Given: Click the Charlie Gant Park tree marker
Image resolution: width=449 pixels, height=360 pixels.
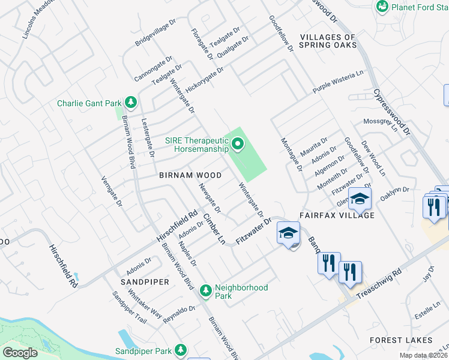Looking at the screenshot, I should click(130, 103).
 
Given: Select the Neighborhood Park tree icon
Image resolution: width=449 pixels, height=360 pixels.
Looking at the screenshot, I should click(205, 291).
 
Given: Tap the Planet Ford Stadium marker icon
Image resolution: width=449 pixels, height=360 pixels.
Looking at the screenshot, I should click(382, 6).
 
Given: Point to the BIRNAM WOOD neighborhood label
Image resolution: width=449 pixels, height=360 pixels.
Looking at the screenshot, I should click(190, 175).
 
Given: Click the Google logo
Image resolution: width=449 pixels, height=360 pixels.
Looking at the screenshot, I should click(20, 353).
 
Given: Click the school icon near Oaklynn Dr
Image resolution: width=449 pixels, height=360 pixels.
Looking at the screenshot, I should click(360, 199).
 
